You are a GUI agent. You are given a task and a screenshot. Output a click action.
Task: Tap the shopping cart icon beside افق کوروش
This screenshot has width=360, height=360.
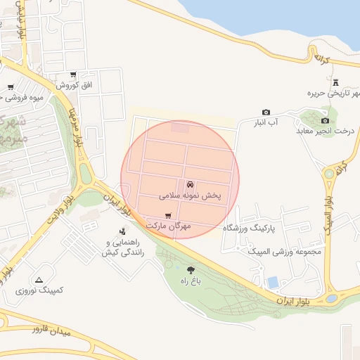[x=73, y=75]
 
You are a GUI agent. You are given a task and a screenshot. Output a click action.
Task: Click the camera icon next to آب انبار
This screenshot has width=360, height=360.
[x=266, y=112]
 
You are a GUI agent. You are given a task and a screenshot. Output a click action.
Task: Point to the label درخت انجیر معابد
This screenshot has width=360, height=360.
[x=323, y=131]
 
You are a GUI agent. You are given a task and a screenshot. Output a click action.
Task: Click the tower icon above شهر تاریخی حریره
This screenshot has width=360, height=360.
[x=335, y=83]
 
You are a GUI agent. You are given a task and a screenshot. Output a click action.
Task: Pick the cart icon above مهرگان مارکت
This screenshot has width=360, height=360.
[x=167, y=215]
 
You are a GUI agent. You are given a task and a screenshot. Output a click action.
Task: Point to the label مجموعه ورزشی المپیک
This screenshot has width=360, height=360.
[x=290, y=252]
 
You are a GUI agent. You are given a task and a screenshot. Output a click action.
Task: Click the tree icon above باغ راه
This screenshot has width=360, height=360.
[x=191, y=269]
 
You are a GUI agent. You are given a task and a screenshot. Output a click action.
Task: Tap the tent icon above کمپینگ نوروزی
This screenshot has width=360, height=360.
[x=39, y=279]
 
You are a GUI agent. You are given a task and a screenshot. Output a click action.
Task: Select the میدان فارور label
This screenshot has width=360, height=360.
[x=48, y=328]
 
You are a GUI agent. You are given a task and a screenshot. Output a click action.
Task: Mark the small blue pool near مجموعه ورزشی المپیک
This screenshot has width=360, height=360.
[x=272, y=283]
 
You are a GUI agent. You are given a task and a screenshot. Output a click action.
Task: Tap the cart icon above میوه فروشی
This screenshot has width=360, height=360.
[x=11, y=88]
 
